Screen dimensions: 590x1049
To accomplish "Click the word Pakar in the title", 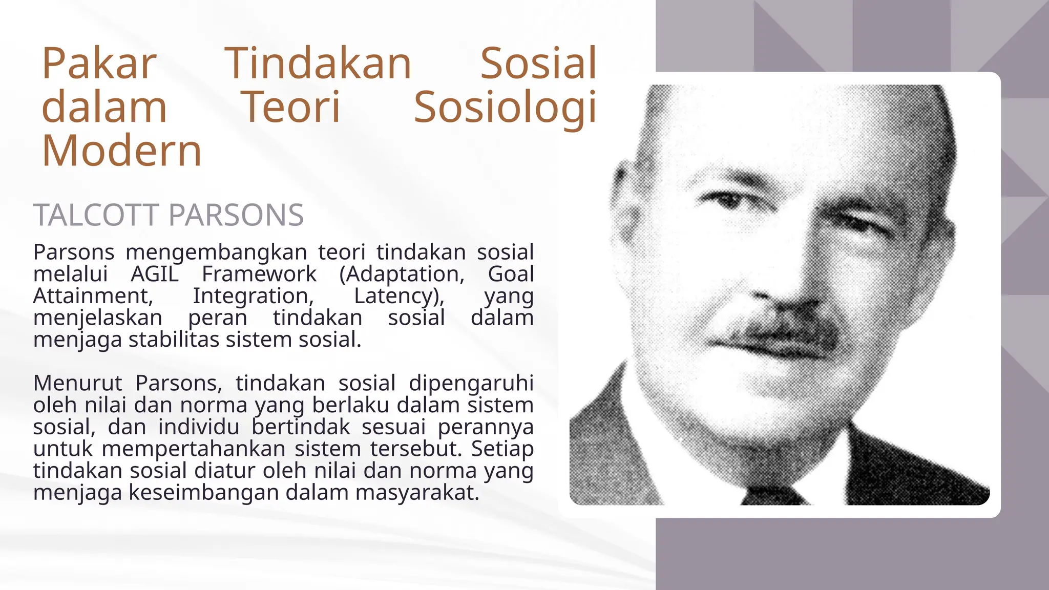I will click(x=99, y=64).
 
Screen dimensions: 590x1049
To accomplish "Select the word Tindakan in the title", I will click(x=318, y=64).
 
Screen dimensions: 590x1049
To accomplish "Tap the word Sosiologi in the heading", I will click(x=505, y=108).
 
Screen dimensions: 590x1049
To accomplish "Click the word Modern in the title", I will click(x=122, y=151).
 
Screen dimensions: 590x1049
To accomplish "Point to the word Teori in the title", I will click(x=290, y=108).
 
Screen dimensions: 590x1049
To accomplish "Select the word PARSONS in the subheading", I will click(x=236, y=215).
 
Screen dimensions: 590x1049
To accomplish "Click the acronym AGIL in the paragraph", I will click(x=155, y=274).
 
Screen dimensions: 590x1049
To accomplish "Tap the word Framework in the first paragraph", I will click(x=259, y=274).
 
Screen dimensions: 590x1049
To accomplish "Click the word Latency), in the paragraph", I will click(x=400, y=297).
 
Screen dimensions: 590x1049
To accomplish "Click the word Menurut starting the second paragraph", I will click(x=78, y=383).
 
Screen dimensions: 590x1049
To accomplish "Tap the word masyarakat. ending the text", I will click(x=417, y=493).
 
